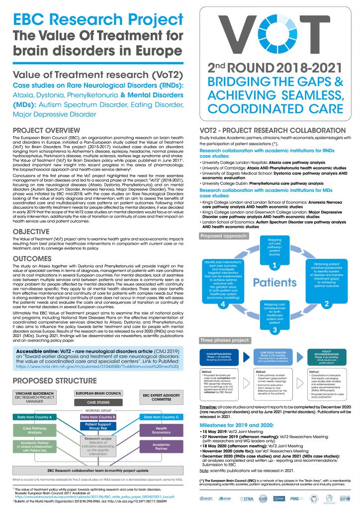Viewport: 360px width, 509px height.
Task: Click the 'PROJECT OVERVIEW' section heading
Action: pyautogui.click(x=45, y=130)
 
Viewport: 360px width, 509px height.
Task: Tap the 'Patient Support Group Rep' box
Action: pyautogui.click(x=98, y=427)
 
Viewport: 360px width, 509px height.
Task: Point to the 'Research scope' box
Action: pyautogui.click(x=98, y=446)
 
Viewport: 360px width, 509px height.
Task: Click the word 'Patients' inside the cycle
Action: pyautogui.click(x=275, y=282)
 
